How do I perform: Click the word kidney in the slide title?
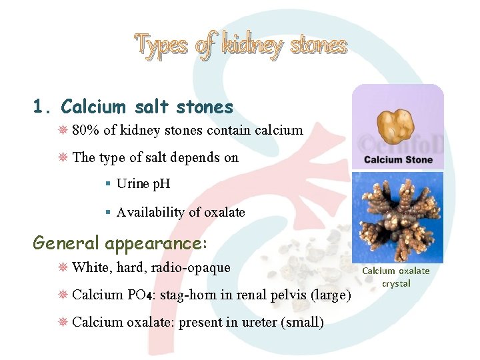251,45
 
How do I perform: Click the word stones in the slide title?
319,45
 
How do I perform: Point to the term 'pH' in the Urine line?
161,184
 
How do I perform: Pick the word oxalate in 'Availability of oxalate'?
224,213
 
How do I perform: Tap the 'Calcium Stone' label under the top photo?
398,160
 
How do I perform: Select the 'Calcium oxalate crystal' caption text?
396,277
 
